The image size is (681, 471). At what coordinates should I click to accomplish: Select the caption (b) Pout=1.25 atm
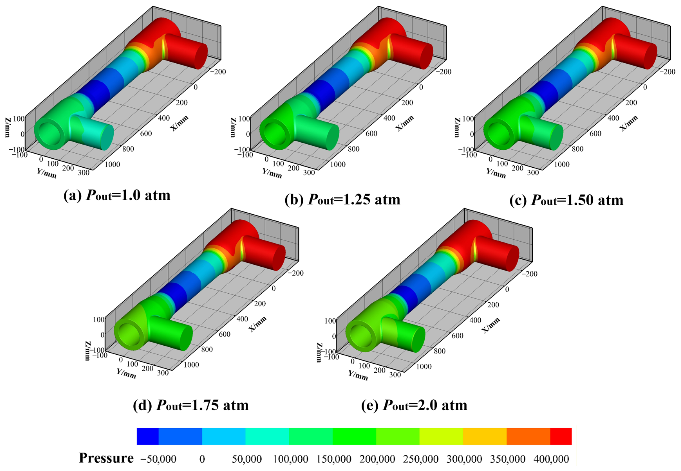point(342,200)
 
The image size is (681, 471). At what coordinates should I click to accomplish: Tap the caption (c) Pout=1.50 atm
point(567,200)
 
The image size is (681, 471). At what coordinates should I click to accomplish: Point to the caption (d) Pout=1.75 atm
point(191,405)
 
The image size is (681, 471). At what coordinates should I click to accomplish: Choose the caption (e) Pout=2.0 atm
point(414,405)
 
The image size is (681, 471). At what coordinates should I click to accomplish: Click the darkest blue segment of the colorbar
point(147,436)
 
